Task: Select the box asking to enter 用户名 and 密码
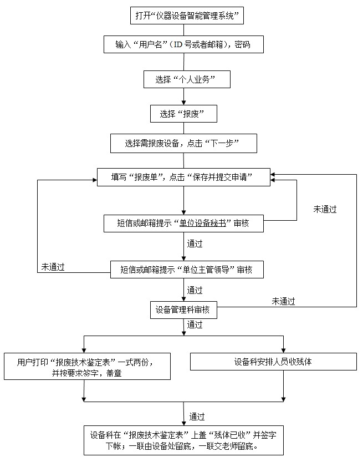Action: click(x=183, y=44)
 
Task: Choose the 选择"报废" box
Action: click(x=183, y=114)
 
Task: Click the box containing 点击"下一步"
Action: click(x=183, y=143)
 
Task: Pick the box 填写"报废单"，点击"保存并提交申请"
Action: click(x=183, y=177)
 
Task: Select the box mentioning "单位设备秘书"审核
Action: click(x=183, y=223)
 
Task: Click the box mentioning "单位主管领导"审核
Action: click(x=186, y=270)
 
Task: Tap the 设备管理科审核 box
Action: click(x=183, y=310)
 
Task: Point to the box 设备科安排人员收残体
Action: click(x=273, y=362)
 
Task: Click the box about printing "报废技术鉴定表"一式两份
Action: click(x=85, y=367)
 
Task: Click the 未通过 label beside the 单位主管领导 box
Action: click(x=53, y=267)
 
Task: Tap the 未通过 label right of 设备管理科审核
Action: click(x=283, y=301)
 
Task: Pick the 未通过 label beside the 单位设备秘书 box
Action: click(x=325, y=209)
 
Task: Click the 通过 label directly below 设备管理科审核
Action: click(x=195, y=324)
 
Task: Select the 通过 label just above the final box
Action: click(x=197, y=416)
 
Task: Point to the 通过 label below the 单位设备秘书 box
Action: click(x=195, y=243)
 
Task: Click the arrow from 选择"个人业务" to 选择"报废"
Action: click(x=183, y=97)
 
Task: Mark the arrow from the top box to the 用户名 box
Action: click(x=183, y=30)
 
